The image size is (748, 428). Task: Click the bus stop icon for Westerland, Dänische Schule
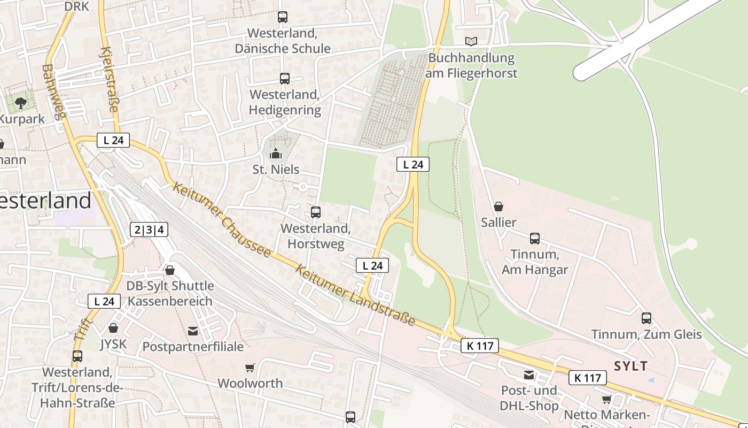pos(283,17)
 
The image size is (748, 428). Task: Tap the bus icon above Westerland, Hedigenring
pos(285,79)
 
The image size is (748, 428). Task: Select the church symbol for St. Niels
pos(276,154)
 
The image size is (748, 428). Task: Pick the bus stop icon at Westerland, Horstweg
pos(316,212)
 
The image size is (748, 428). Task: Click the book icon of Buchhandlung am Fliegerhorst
pos(471,41)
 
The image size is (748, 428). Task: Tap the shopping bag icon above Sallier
pos(498,207)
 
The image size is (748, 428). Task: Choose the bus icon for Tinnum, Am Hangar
pos(535,239)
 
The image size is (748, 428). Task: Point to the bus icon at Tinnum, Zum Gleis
pos(646,318)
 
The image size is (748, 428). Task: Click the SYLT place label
pos(631,366)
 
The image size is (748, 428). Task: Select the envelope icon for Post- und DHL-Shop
pos(529,375)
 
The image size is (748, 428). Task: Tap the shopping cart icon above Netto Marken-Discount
pos(607,400)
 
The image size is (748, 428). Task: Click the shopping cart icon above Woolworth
pos(250,368)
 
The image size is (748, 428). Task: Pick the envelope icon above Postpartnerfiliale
pos(193,331)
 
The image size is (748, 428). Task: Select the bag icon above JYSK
pos(113,328)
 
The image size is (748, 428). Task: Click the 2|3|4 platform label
pos(149,230)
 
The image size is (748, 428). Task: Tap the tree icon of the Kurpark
pos(21,103)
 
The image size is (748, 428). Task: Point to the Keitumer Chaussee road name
pos(222,220)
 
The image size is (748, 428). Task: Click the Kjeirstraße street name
pos(109,79)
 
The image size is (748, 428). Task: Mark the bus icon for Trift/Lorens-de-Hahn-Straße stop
pos(77,356)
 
